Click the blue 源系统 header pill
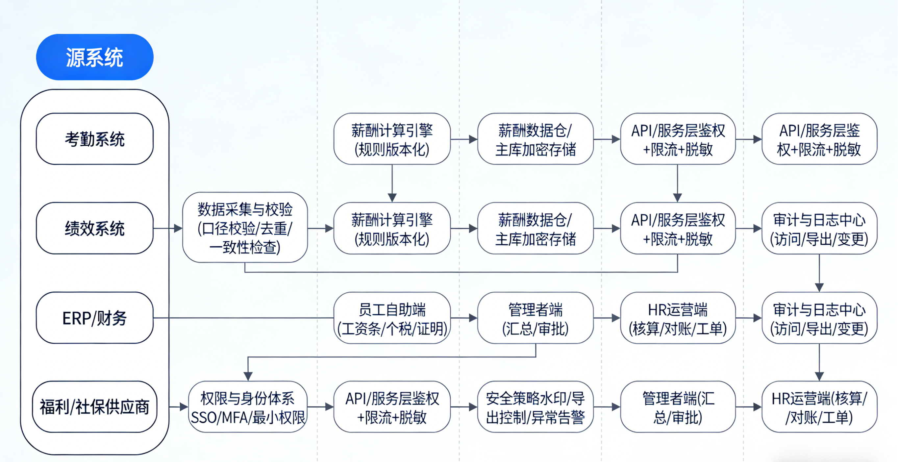94,57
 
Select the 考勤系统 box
94,139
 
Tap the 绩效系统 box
94,228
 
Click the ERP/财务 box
94,318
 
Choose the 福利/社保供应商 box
94,407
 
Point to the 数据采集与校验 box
245,228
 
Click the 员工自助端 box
392,318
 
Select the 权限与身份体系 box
247,407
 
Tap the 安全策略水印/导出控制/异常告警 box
535,407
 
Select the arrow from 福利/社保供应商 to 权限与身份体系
179,407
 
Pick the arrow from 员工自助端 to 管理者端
464,318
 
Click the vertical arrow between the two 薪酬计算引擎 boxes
392,183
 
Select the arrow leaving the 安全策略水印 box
607,407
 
